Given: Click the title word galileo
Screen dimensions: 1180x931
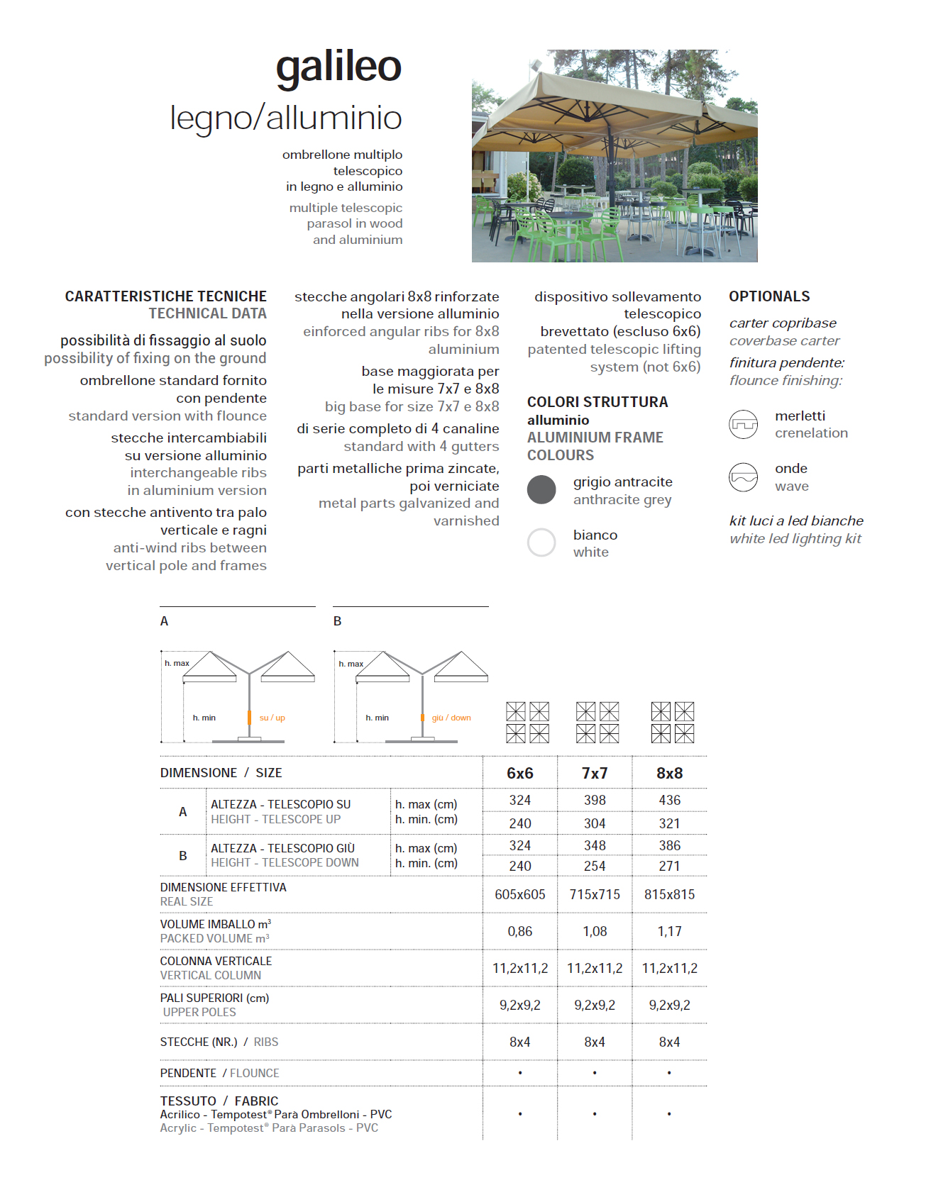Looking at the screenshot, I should [338, 67].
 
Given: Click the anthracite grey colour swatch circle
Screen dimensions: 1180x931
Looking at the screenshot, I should [541, 489].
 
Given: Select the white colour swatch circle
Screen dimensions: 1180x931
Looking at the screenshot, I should [541, 542].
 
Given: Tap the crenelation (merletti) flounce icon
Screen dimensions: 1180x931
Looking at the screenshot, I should [744, 424].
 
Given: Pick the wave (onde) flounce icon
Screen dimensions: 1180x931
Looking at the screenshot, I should [744, 477].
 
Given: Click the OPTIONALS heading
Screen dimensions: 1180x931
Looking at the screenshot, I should [769, 296].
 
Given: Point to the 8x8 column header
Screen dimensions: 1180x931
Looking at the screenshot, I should [669, 773].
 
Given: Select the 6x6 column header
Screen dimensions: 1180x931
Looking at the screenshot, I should [519, 773].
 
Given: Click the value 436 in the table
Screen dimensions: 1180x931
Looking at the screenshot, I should [669, 800].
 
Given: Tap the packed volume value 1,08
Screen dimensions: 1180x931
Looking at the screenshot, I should [595, 931].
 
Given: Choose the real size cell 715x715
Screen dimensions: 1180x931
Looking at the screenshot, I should [595, 894].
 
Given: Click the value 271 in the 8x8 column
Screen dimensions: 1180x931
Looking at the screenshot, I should [669, 866].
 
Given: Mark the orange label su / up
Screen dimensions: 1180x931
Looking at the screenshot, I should [272, 718].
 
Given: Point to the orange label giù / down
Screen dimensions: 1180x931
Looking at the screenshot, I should [451, 718].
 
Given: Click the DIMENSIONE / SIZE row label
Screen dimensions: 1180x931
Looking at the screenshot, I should [221, 773].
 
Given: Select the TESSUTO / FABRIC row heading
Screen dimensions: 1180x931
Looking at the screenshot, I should [219, 1101].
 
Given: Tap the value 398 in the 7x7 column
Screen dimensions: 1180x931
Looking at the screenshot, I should [595, 800].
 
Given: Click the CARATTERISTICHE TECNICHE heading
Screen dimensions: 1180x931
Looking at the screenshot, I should [166, 296].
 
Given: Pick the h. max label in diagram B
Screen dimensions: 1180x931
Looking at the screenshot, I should [351, 664].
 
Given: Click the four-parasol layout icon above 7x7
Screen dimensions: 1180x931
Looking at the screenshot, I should [597, 722].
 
